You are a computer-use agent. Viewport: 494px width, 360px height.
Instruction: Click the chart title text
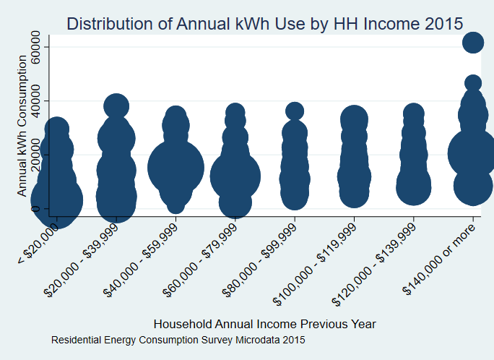pyautogui.click(x=264, y=23)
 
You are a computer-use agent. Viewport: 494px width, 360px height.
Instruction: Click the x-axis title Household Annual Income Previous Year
pyautogui.click(x=265, y=323)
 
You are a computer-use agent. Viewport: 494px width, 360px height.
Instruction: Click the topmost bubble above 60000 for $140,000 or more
pyautogui.click(x=473, y=43)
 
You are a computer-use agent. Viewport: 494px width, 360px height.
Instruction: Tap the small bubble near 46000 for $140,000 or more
pyautogui.click(x=473, y=83)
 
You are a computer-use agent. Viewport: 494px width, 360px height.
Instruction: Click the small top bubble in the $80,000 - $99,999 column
pyautogui.click(x=295, y=111)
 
